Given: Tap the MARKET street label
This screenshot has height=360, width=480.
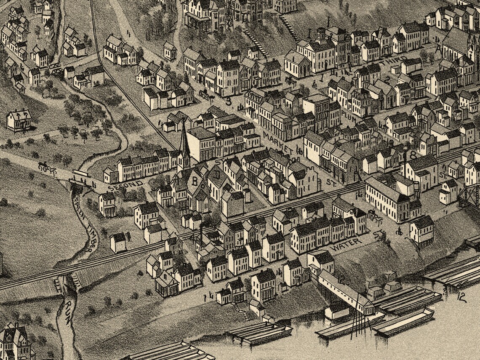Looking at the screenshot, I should [x=277, y=142].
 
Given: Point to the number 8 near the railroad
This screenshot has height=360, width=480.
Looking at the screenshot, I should [x=413, y=155].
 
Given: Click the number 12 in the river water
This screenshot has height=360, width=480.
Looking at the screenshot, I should [x=461, y=296].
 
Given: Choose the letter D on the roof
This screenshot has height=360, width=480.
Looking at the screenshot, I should [x=216, y=173].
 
